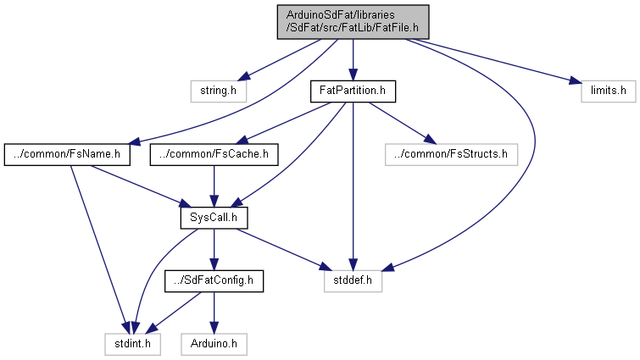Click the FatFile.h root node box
click(x=353, y=21)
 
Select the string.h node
click(x=211, y=89)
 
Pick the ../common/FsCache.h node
click(x=214, y=154)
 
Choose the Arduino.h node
click(x=214, y=345)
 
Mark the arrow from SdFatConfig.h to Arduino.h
click(x=214, y=313)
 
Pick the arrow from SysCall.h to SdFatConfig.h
click(x=214, y=250)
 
